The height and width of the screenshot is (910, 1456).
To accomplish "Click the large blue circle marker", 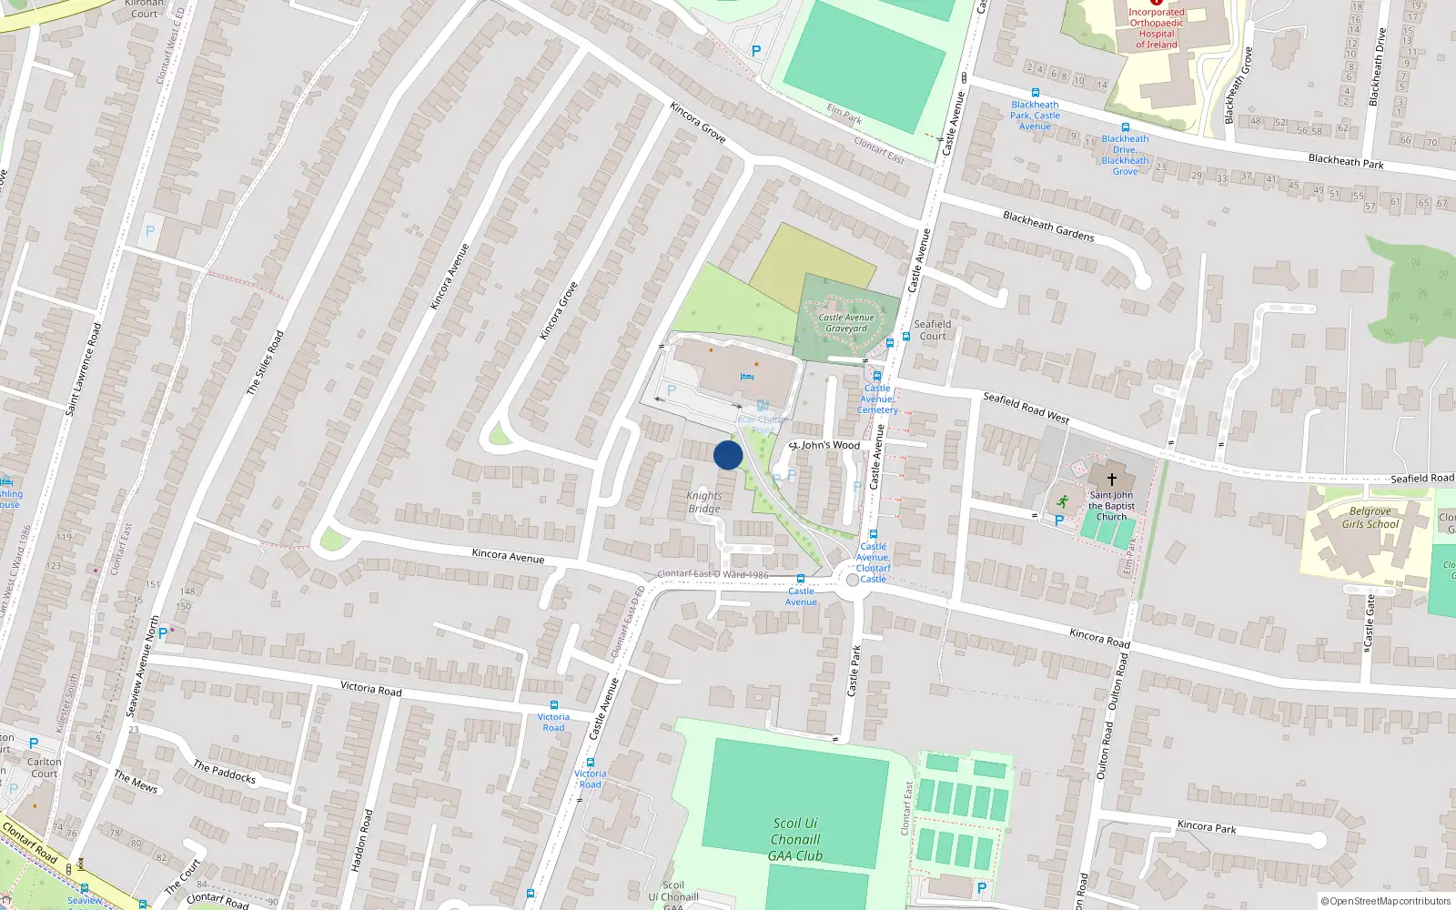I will click(x=728, y=455).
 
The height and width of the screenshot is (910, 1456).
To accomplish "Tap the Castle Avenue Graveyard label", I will click(x=846, y=323).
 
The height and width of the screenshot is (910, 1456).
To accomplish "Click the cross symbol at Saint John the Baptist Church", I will click(x=1111, y=479).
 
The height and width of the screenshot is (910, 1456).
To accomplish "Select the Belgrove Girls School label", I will click(x=1370, y=518).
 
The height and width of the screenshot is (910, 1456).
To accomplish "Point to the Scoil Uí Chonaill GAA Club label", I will click(x=795, y=839).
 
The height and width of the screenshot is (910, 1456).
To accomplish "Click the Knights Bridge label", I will click(x=704, y=502).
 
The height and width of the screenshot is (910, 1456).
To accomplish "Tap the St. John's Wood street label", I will click(x=824, y=446).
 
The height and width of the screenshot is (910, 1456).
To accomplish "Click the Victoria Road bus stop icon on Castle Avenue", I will click(x=591, y=763).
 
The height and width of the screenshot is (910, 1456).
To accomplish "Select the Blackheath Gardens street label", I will click(x=1048, y=226).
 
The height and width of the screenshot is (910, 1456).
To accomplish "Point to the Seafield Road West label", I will click(x=1026, y=408).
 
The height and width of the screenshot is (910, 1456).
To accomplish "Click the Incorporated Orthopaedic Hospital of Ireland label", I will click(x=1157, y=28).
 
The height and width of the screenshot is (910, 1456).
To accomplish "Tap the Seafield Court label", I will click(x=933, y=329).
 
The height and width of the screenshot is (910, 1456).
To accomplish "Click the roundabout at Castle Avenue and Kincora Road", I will click(x=853, y=580).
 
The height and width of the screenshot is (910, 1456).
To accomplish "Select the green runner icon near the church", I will click(x=1063, y=500).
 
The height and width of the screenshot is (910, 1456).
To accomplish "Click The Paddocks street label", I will click(x=225, y=772).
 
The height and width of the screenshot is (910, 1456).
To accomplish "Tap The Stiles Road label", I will click(x=265, y=362).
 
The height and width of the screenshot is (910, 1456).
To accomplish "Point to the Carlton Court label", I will click(x=45, y=768).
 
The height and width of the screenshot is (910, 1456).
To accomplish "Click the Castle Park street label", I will click(x=854, y=672).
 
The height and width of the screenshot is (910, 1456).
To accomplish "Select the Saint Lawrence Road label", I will click(x=83, y=369).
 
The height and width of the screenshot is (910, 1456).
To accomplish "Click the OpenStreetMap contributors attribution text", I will click(x=1390, y=902).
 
